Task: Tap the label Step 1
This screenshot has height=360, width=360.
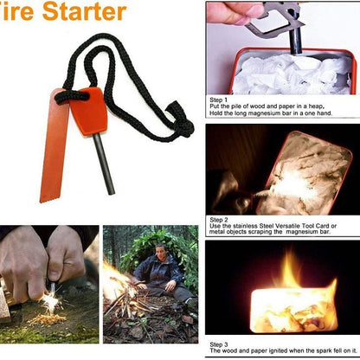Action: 220,100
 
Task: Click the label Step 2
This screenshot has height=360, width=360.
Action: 220,220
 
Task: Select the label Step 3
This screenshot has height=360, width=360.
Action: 220,344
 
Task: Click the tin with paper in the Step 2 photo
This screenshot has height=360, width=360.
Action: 294,177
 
